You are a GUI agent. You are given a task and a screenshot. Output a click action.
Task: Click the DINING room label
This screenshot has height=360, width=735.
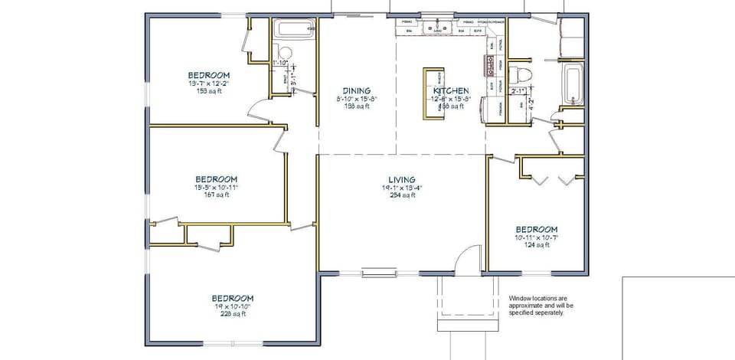(x=356, y=90)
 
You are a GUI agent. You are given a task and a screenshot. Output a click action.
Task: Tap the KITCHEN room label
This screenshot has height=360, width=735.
(x=451, y=90)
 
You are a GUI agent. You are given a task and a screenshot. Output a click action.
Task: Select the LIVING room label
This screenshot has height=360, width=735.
(x=401, y=179)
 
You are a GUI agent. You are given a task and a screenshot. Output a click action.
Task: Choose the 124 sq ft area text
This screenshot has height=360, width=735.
(x=536, y=245)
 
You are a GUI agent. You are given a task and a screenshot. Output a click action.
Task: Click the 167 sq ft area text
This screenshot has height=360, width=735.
(x=215, y=195)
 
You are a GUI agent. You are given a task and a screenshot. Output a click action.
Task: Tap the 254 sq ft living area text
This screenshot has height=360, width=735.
(x=401, y=195)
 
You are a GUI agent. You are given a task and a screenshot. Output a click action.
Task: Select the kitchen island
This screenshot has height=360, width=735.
(x=433, y=93)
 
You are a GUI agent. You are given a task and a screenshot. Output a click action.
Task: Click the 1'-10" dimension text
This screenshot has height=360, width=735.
(x=280, y=63)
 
